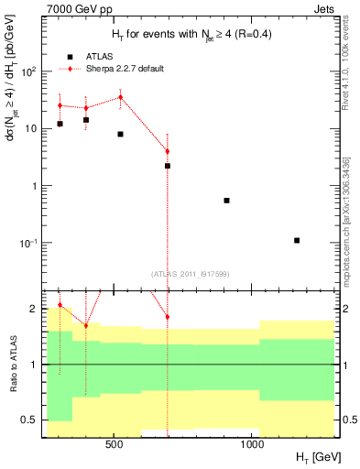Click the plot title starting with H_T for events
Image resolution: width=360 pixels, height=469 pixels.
click(189, 35)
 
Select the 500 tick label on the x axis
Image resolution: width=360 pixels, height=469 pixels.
click(115, 444)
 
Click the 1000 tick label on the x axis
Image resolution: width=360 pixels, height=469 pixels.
click(252, 444)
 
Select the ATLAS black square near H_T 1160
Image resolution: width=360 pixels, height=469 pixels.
click(297, 240)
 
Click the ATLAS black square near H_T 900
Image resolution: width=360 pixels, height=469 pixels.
click(226, 200)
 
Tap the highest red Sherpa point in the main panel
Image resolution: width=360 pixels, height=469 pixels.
click(120, 97)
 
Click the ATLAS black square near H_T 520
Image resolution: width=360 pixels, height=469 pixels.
click(120, 134)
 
